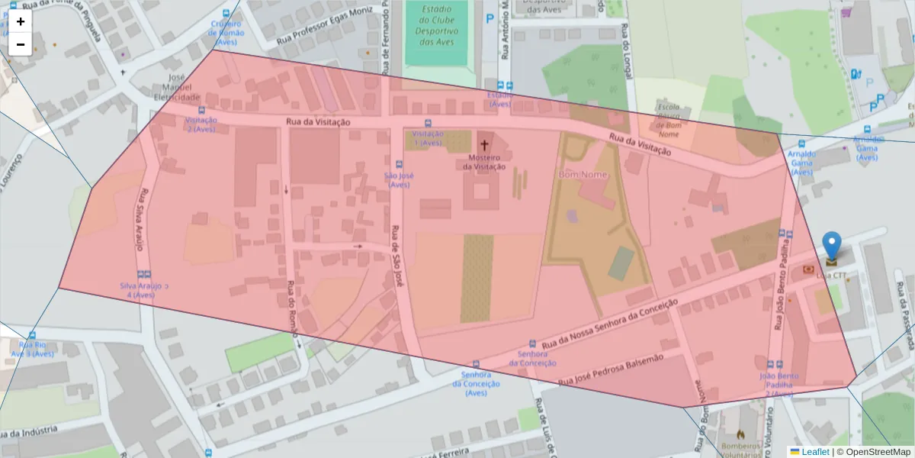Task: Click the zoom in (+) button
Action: (x=21, y=21)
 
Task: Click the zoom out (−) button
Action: (x=21, y=44)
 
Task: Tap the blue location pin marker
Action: (x=832, y=247)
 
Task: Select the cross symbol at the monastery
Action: (x=484, y=144)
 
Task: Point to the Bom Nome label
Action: (x=583, y=175)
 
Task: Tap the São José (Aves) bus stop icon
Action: (x=398, y=164)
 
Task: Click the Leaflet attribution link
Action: (x=814, y=452)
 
